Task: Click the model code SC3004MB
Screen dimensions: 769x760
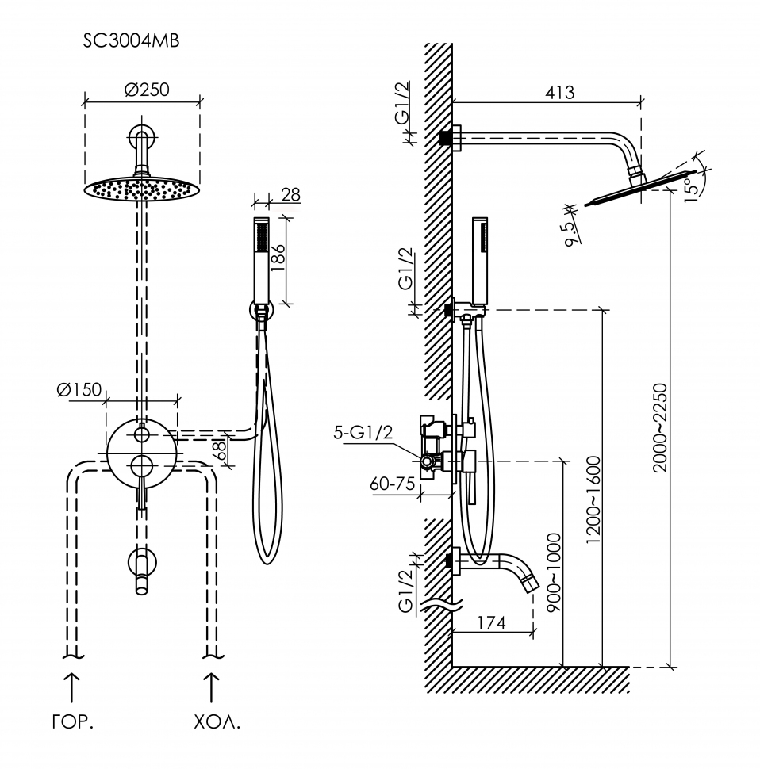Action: pyautogui.click(x=131, y=42)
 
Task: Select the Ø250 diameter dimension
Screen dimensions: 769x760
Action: pyautogui.click(x=147, y=90)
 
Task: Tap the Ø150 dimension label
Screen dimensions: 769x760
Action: pyautogui.click(x=80, y=389)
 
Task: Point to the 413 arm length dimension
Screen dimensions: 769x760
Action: pyautogui.click(x=560, y=92)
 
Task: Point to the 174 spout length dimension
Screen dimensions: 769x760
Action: pyautogui.click(x=492, y=623)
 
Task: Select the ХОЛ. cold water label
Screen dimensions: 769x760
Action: pyautogui.click(x=216, y=723)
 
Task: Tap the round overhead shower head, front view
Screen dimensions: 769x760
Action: pyautogui.click(x=142, y=189)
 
